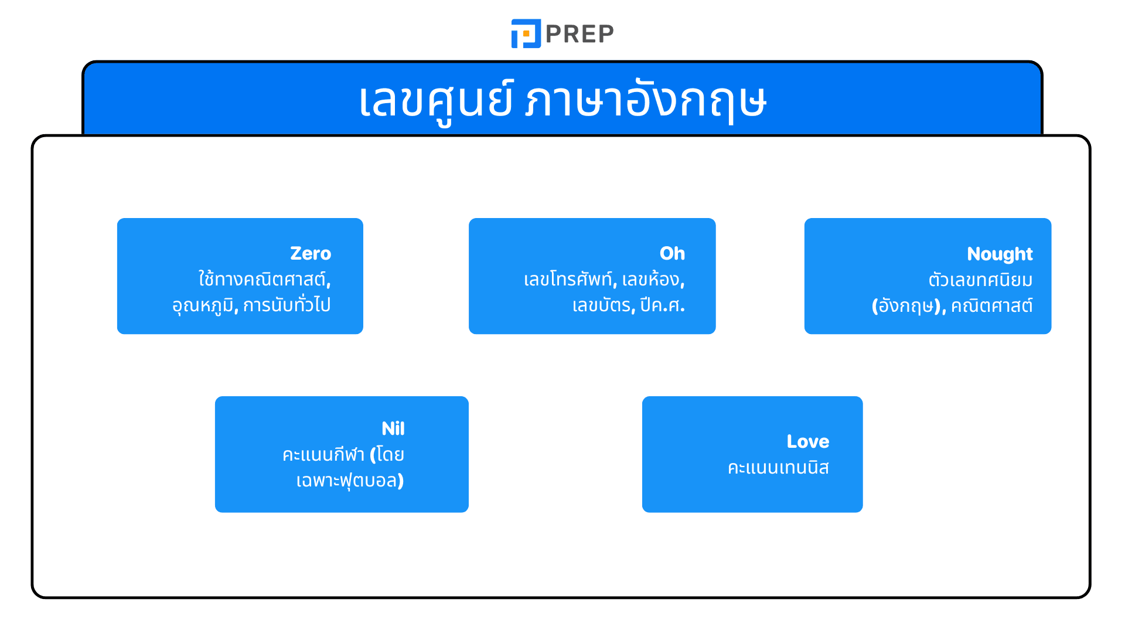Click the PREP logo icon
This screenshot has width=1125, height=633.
(526, 33)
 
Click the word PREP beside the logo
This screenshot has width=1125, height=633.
(579, 34)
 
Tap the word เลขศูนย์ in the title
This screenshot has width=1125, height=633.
(437, 101)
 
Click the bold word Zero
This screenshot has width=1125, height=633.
(311, 253)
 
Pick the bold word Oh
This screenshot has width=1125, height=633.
(672, 253)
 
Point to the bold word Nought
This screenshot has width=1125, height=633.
(1000, 254)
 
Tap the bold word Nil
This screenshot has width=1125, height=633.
(393, 428)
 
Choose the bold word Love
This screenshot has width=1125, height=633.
(807, 441)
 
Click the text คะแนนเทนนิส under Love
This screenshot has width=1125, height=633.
(778, 468)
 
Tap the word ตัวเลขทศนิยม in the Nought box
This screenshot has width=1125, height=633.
(980, 280)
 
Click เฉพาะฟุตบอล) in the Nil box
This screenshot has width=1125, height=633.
(350, 481)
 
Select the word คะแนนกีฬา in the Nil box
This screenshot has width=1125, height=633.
(323, 455)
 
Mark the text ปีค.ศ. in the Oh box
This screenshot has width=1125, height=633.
(662, 305)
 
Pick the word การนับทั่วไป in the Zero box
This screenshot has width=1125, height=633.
(287, 305)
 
